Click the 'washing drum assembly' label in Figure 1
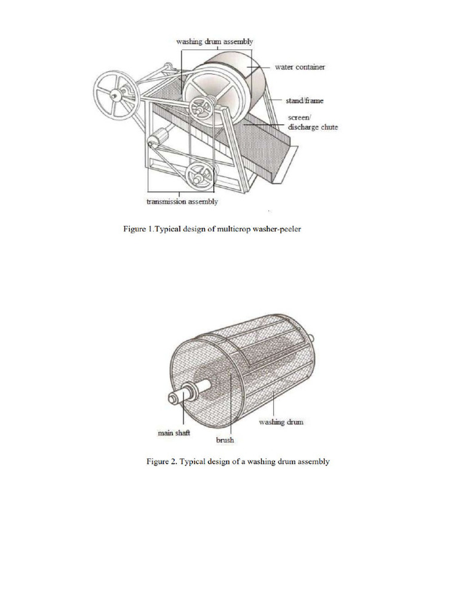click(x=215, y=42)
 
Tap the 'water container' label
click(x=299, y=67)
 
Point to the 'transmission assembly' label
click(x=182, y=202)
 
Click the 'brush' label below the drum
click(x=224, y=440)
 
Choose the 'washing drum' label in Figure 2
click(x=281, y=422)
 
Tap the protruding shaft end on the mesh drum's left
click(x=177, y=398)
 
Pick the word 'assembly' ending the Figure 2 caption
click(x=313, y=462)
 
